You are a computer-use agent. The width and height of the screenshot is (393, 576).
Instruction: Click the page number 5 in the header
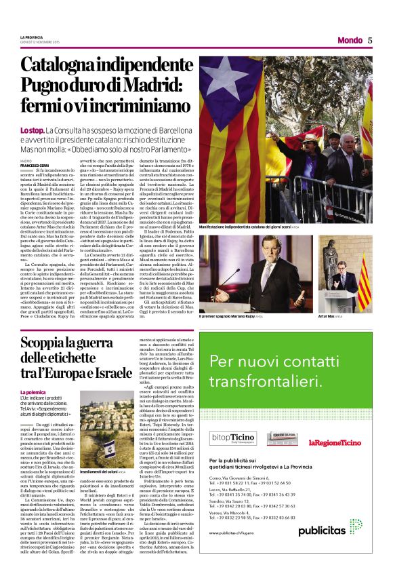point(371,39)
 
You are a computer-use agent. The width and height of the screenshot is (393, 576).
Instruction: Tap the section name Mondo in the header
point(350,40)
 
